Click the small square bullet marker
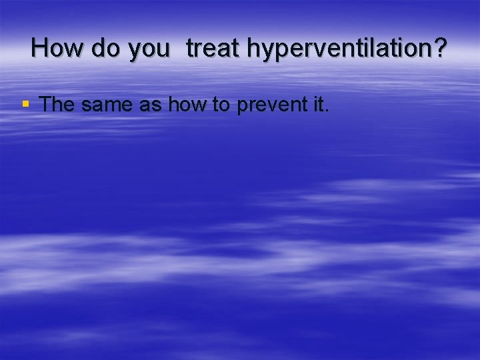26,104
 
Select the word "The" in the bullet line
58,104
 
